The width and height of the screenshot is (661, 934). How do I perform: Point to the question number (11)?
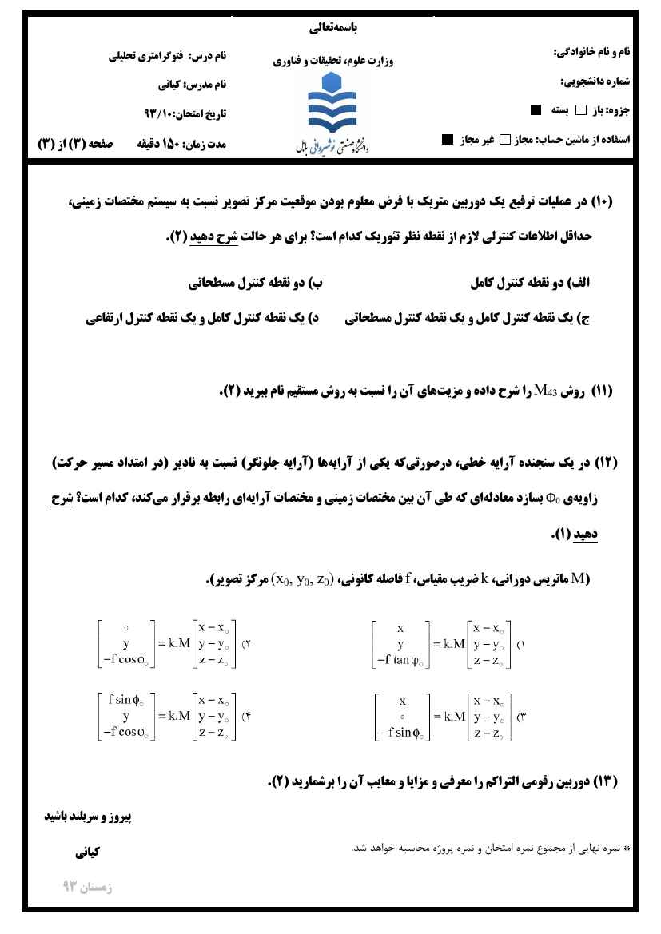(x=600, y=391)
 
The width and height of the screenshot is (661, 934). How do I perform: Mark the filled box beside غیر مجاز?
(x=447, y=140)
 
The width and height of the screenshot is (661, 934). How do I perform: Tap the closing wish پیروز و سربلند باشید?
(x=85, y=817)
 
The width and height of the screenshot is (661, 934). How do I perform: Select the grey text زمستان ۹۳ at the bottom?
(x=87, y=887)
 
